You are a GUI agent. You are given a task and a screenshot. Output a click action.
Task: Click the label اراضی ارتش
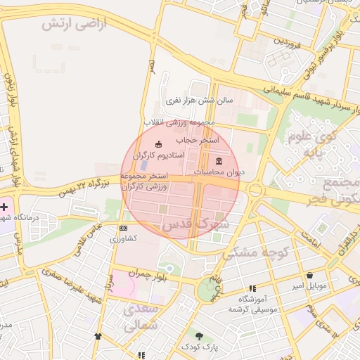(x=72, y=24)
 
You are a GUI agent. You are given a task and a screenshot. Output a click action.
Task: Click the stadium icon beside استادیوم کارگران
(x=157, y=144)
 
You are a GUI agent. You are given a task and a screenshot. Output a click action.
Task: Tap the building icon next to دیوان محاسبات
(x=218, y=160)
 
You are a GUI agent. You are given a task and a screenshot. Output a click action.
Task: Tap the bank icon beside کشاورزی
(x=124, y=229)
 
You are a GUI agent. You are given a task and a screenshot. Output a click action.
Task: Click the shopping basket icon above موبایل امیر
(x=310, y=275)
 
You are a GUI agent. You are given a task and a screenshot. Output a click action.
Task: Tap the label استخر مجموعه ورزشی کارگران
(x=143, y=181)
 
